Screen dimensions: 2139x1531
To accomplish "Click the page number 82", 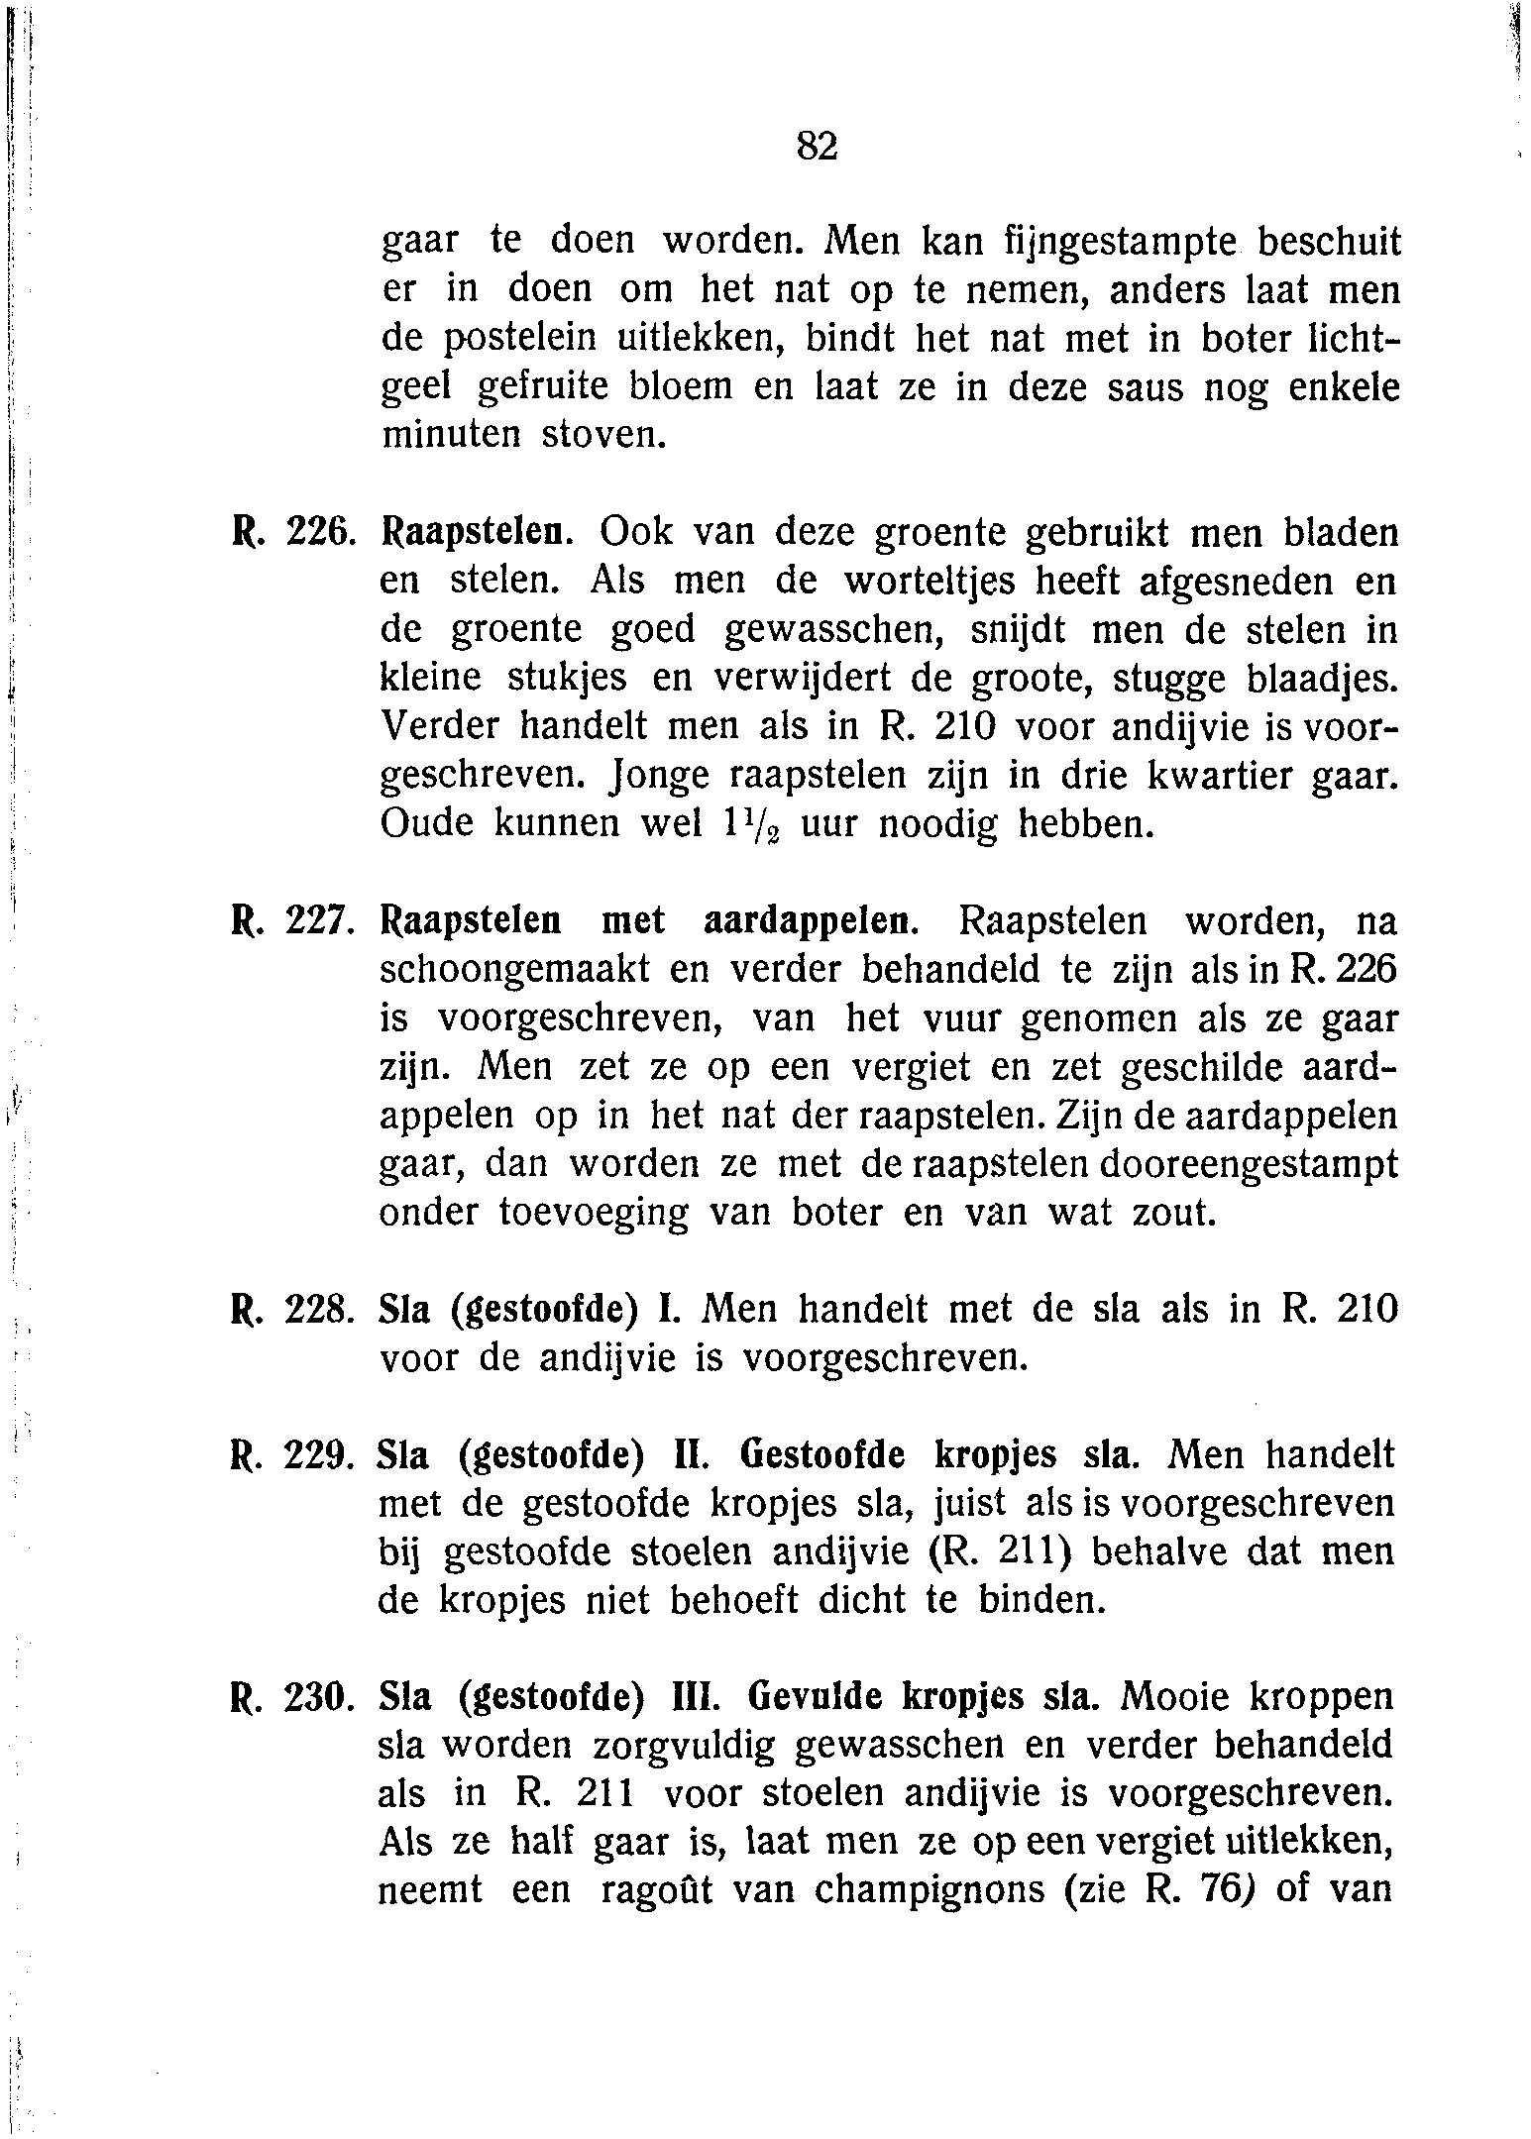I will pos(818,147).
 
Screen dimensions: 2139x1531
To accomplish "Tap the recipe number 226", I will pos(315,535).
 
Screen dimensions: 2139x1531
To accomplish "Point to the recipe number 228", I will pos(315,1312).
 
